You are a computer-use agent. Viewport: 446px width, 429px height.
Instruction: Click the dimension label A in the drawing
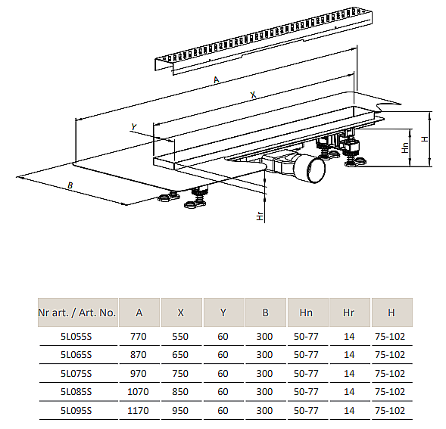[217, 80]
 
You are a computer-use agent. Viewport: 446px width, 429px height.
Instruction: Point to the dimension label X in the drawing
[253, 95]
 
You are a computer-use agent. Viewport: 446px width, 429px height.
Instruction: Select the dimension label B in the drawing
[70, 185]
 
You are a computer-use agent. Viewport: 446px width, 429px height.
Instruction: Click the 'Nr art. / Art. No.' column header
[76, 312]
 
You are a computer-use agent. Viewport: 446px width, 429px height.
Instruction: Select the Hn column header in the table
[307, 312]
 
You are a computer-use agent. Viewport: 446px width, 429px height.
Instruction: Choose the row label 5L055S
[76, 336]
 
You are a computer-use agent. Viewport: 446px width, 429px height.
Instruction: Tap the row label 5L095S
[76, 411]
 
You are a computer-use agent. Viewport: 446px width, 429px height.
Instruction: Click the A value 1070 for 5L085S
[139, 392]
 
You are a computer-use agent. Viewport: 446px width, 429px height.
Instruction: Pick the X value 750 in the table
[180, 373]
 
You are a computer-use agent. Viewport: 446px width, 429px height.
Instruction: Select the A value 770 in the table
[139, 336]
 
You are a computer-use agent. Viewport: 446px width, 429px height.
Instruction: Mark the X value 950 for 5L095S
[180, 411]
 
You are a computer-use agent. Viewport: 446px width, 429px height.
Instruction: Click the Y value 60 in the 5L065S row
[223, 354]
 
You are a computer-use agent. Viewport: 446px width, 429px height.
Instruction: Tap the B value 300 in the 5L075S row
[264, 373]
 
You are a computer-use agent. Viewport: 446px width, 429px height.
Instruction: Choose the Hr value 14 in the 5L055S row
[349, 336]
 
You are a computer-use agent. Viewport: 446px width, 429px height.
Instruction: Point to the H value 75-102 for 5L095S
[391, 411]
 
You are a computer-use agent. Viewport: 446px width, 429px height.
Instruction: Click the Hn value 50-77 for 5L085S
[307, 392]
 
